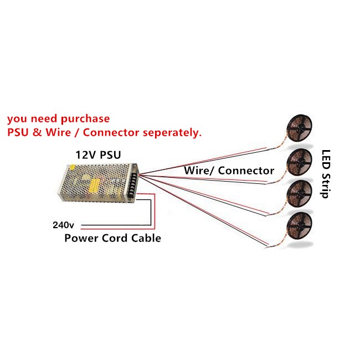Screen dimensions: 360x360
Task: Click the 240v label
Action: coord(63,225)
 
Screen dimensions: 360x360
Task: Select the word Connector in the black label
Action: coord(246,170)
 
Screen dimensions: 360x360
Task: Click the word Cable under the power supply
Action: coord(146,238)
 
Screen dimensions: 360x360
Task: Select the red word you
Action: coord(17,120)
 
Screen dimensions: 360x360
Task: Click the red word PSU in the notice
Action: coord(19,133)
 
